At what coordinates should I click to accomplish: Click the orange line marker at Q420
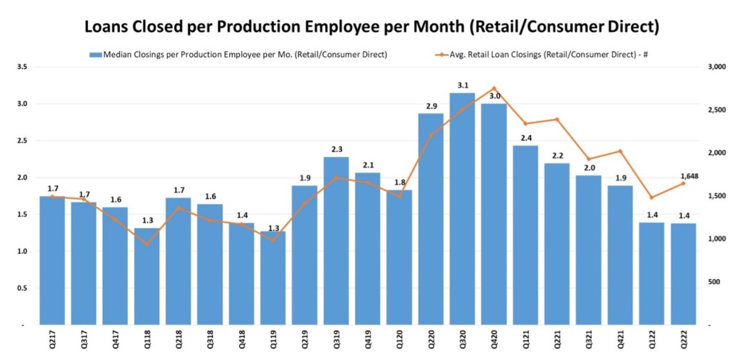[x=494, y=88]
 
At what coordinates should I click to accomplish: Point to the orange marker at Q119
[x=272, y=240]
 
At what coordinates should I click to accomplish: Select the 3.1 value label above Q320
[x=462, y=85]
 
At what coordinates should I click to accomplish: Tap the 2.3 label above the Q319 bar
[x=336, y=149]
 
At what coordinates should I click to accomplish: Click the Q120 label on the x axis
[x=400, y=340]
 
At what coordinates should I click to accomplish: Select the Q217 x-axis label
[x=52, y=340]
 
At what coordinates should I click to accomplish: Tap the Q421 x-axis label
[x=621, y=340]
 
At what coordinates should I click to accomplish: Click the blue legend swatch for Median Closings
[x=95, y=54]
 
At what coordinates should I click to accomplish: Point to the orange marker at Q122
[x=652, y=197]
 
